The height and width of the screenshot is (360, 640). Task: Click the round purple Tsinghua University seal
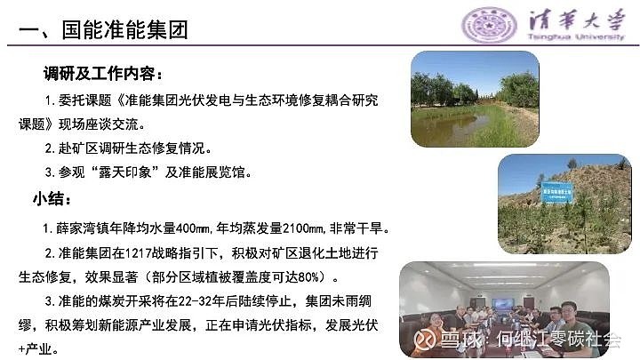tap(489, 25)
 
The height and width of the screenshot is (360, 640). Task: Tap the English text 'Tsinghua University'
tap(576, 37)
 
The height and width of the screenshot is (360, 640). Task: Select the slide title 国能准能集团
tap(125, 30)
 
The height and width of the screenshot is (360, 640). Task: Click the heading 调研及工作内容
tap(100, 74)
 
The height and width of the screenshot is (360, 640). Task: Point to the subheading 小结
tap(48, 199)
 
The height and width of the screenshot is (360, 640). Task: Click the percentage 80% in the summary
tap(308, 277)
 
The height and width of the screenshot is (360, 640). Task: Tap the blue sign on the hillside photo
tap(556, 191)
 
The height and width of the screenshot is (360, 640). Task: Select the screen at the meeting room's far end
tap(503, 304)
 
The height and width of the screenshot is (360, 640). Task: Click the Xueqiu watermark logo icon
tap(425, 339)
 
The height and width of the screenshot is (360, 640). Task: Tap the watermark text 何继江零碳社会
tap(558, 340)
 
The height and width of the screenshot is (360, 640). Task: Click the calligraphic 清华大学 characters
tap(576, 20)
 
